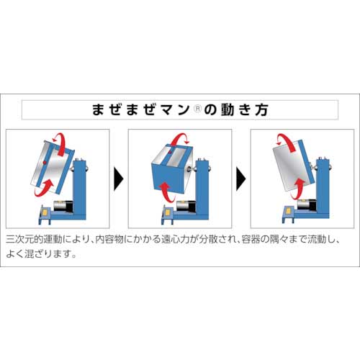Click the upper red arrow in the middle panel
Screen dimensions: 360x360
[185, 138]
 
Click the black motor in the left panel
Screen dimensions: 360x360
[63, 208]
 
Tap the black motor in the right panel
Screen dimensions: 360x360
[307, 208]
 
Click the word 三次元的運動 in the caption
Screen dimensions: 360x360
[29, 238]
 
